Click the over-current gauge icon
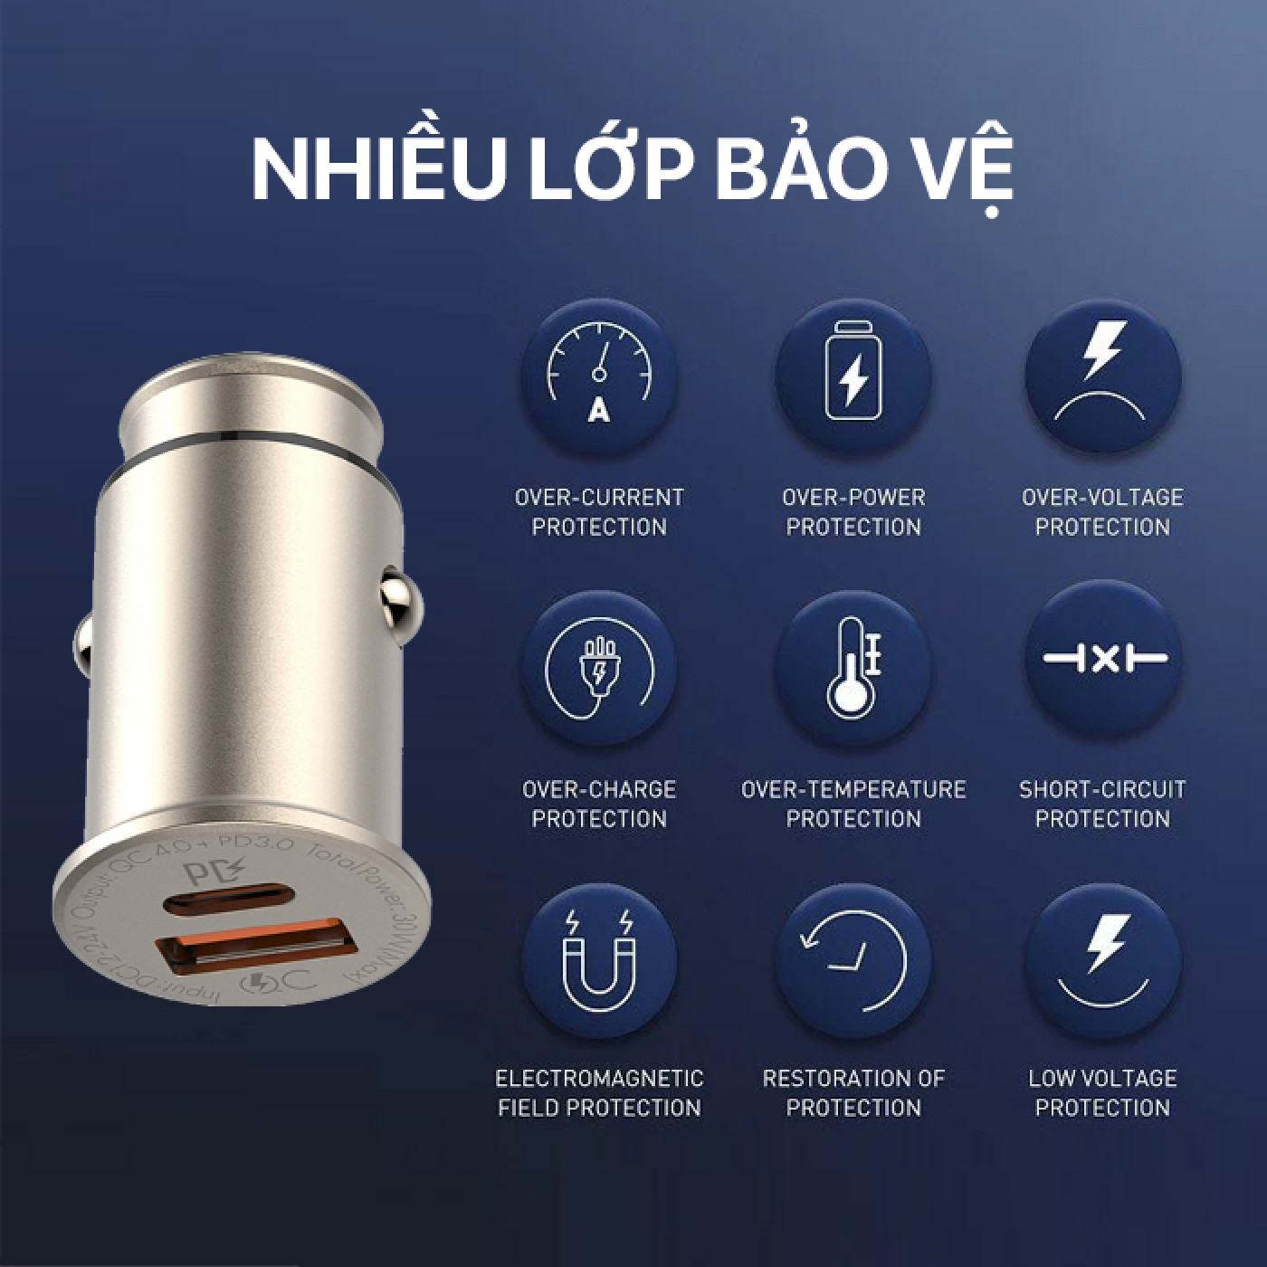pos(598,376)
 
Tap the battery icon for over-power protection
pos(853,376)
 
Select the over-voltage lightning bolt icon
pos(1102,376)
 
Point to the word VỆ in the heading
pos(961,169)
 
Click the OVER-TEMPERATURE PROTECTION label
pos(853,804)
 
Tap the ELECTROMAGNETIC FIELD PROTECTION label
pos(598,1093)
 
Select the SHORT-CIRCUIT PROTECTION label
pos(1102,804)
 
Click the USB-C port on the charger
pos(217,901)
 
